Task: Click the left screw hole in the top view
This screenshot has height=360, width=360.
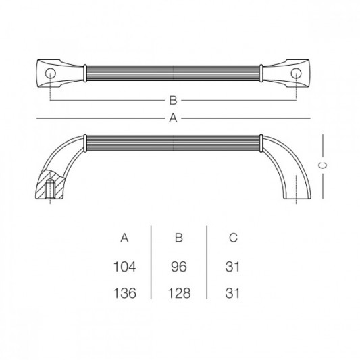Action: pyautogui.click(x=51, y=72)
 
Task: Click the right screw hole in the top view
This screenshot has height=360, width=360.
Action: pyautogui.click(x=296, y=72)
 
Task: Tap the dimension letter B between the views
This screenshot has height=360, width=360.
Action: pyautogui.click(x=173, y=101)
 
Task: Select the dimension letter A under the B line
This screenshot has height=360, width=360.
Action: pyautogui.click(x=173, y=118)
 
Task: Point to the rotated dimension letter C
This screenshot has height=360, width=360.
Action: pyautogui.click(x=323, y=164)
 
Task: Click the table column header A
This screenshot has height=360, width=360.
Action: pyautogui.click(x=124, y=238)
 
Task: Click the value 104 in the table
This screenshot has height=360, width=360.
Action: pyautogui.click(x=126, y=267)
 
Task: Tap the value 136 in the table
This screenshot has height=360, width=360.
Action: pyautogui.click(x=126, y=294)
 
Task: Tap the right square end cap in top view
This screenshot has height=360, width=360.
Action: pyautogui.click(x=299, y=72)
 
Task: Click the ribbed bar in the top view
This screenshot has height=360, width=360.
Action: pyautogui.click(x=173, y=72)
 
